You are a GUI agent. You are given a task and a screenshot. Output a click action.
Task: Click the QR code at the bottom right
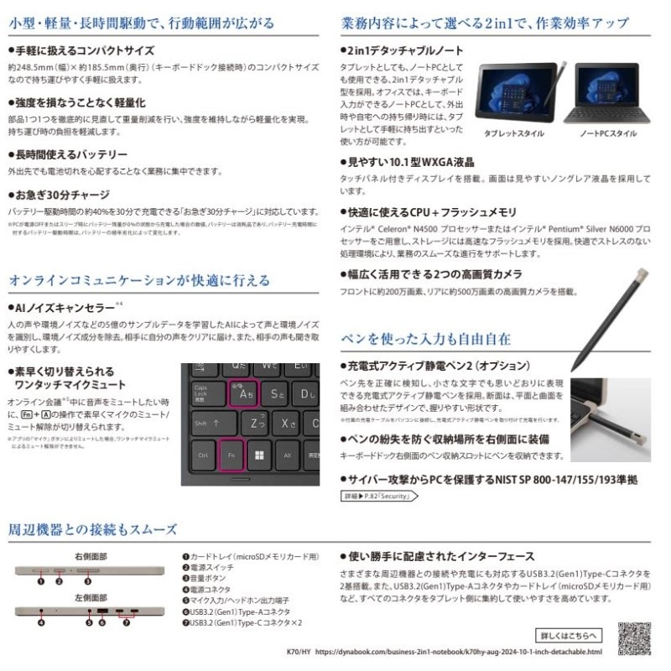(x=634, y=637)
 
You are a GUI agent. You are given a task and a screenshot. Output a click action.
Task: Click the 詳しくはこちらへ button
(x=569, y=635)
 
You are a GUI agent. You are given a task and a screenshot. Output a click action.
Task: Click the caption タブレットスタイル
(x=513, y=133)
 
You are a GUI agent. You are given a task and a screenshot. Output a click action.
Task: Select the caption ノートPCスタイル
(x=609, y=133)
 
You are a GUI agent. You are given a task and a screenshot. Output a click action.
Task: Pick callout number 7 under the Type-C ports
(x=128, y=623)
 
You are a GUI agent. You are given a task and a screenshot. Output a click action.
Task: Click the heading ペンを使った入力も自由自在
(x=425, y=339)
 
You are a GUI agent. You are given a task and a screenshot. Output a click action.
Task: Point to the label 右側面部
(x=90, y=555)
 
